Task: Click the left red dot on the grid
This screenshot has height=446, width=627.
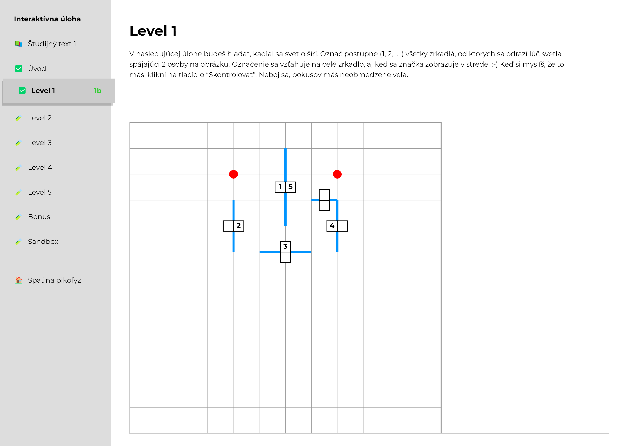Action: click(233, 174)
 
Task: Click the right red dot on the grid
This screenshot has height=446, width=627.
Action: click(337, 174)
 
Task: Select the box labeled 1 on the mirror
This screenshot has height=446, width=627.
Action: click(280, 187)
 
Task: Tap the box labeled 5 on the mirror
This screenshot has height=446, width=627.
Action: click(291, 187)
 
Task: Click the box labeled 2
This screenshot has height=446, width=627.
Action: click(239, 226)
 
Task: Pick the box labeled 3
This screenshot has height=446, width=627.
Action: click(285, 247)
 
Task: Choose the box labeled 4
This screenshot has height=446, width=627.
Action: click(332, 226)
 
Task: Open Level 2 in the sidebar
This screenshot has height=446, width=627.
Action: click(40, 118)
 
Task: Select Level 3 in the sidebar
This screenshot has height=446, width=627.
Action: click(40, 143)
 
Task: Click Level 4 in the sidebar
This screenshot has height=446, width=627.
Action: click(40, 167)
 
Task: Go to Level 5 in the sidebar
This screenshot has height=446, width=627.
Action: click(40, 192)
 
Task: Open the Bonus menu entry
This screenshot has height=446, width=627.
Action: click(39, 217)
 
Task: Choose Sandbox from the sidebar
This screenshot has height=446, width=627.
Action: click(43, 241)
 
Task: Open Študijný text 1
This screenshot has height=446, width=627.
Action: click(52, 44)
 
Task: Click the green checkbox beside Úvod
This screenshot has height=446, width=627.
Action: click(19, 68)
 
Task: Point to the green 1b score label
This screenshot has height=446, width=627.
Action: click(98, 91)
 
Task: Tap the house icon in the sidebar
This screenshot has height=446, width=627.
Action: click(19, 280)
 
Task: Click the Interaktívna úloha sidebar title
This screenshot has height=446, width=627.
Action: click(47, 19)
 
